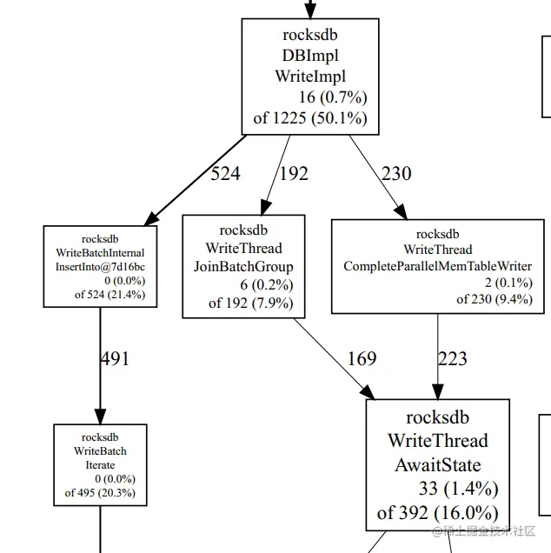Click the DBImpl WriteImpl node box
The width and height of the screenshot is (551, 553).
(310, 77)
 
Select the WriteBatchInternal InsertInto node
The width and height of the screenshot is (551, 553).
(100, 266)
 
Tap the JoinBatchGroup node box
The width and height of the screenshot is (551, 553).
(243, 266)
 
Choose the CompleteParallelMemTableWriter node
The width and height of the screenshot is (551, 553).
(437, 266)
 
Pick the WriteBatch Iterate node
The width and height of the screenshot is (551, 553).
(100, 465)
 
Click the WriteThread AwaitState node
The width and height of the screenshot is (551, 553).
(437, 465)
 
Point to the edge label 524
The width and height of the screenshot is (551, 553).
(225, 174)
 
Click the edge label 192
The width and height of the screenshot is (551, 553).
(294, 174)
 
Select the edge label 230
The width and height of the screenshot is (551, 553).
(396, 174)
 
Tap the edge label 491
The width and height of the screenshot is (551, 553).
(115, 358)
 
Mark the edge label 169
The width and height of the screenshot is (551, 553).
(362, 358)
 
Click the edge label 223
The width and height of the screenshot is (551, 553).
(453, 358)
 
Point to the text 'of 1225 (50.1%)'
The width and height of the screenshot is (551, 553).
(310, 117)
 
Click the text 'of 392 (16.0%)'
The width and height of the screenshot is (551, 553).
(437, 512)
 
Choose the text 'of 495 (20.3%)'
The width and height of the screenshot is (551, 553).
(100, 493)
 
